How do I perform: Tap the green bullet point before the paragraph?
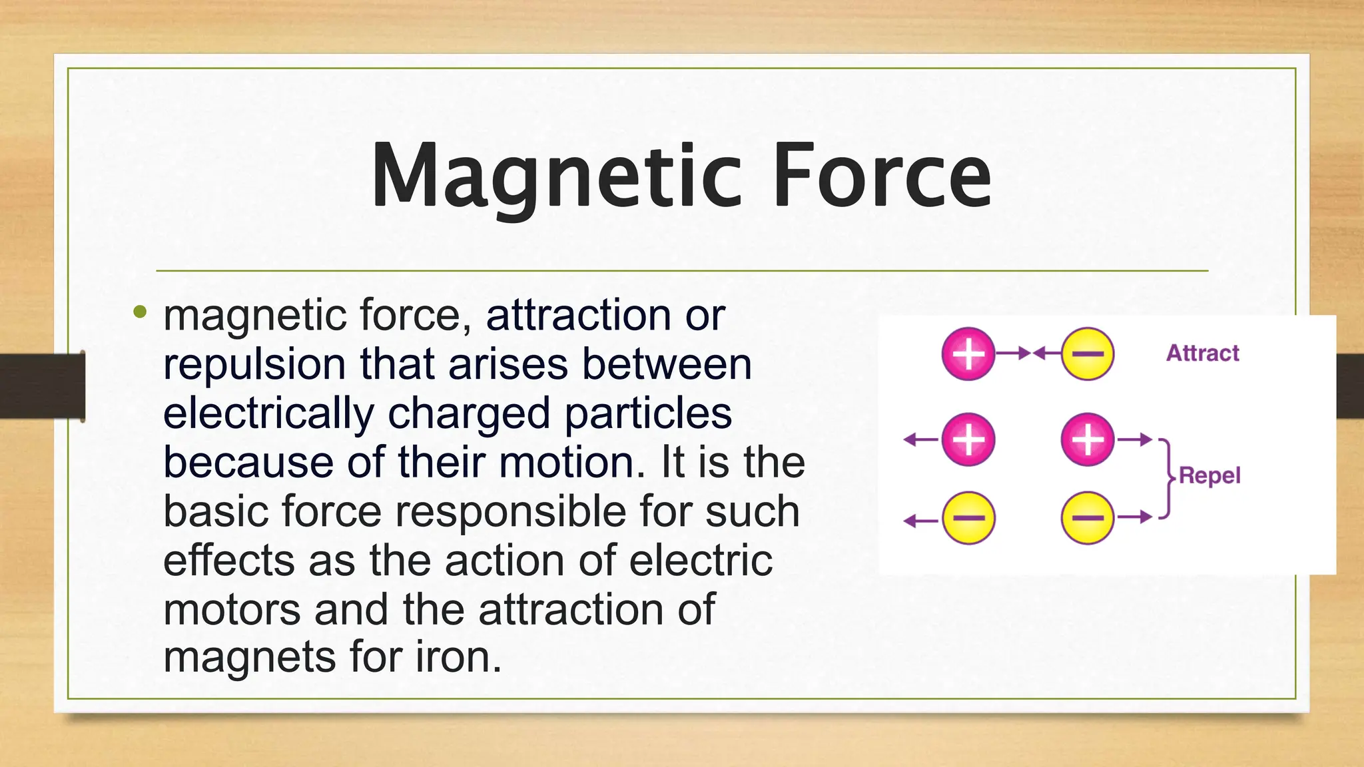(139, 311)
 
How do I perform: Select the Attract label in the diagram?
(1202, 353)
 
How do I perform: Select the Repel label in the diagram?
(1209, 475)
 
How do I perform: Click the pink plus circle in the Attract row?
(968, 354)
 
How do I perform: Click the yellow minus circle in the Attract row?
(1087, 354)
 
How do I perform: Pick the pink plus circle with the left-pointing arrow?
(968, 439)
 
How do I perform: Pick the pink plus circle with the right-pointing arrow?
(1087, 439)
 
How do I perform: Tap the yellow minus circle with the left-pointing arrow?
(968, 518)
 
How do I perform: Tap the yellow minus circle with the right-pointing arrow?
(1087, 518)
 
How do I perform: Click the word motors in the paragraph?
(231, 609)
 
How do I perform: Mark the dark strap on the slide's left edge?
(41, 387)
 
